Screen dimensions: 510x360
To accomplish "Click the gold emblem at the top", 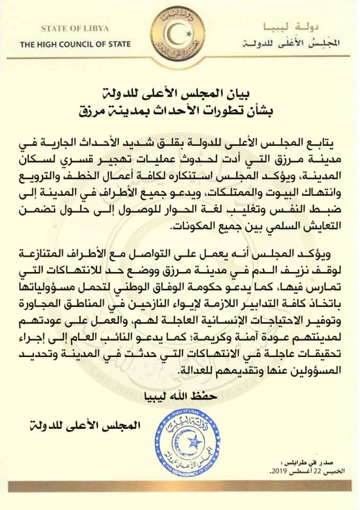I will point(179,37).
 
